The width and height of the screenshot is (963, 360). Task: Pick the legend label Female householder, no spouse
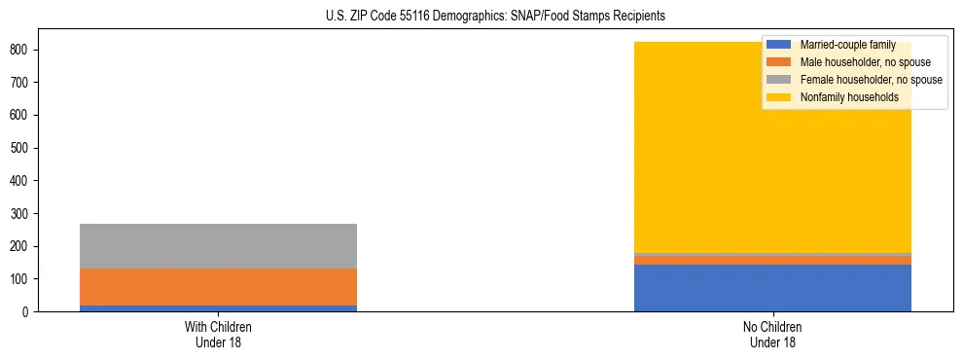(871, 80)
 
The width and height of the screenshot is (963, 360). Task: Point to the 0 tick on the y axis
(29, 312)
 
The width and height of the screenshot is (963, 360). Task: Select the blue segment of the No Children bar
(772, 288)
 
